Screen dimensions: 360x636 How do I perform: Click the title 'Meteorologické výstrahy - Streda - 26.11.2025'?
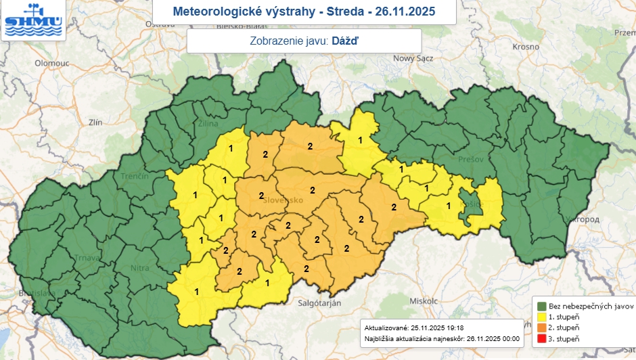point(304,12)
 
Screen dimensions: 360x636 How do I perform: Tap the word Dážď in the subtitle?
point(345,41)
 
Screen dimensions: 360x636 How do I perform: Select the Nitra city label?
point(139,269)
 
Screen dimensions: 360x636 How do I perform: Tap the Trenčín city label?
point(135,176)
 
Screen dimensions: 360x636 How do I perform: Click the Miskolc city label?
point(420,300)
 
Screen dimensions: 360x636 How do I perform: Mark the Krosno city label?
point(525,47)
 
